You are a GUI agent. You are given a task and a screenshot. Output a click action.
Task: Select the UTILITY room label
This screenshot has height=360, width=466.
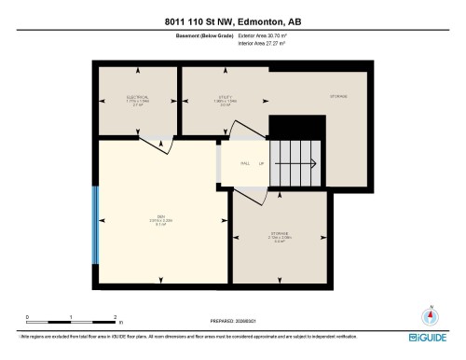(225, 97)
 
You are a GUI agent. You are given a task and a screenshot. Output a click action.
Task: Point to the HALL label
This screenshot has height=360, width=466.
(244, 162)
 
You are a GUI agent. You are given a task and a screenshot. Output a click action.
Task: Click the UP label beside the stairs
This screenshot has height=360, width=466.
(262, 162)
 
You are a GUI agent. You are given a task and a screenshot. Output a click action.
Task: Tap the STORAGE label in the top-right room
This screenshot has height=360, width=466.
(339, 97)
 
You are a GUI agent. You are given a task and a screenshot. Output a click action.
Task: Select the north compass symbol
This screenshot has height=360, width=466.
(430, 315)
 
